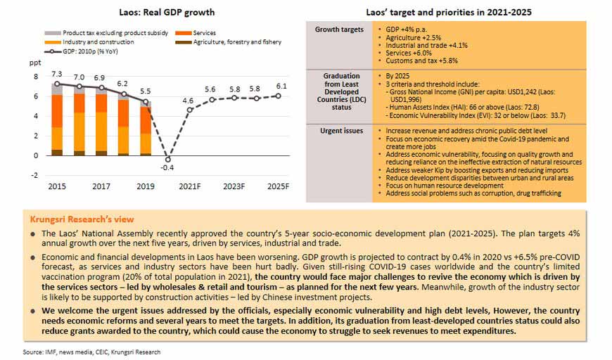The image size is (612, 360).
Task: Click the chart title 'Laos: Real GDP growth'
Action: (x=167, y=12)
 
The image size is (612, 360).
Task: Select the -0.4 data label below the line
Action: (x=167, y=168)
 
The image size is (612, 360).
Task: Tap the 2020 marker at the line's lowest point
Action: (x=168, y=159)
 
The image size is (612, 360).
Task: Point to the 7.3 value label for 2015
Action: (x=56, y=74)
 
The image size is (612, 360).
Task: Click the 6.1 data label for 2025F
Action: (x=281, y=86)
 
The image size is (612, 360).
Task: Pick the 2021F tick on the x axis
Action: (x=190, y=186)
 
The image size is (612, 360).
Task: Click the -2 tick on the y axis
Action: (x=35, y=176)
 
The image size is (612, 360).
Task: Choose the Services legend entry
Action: (x=196, y=33)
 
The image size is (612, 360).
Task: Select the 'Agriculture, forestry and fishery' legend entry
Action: (x=229, y=42)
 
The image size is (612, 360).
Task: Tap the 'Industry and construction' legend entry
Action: (x=89, y=42)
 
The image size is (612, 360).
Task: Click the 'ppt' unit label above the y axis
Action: (x=34, y=63)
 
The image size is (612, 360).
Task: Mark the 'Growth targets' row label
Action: (x=339, y=30)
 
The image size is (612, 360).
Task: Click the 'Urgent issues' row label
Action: (x=341, y=131)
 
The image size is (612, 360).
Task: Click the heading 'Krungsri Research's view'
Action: (x=82, y=219)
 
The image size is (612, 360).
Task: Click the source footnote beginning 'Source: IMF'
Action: (x=91, y=352)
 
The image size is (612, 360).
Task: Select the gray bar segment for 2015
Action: (x=57, y=89)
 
